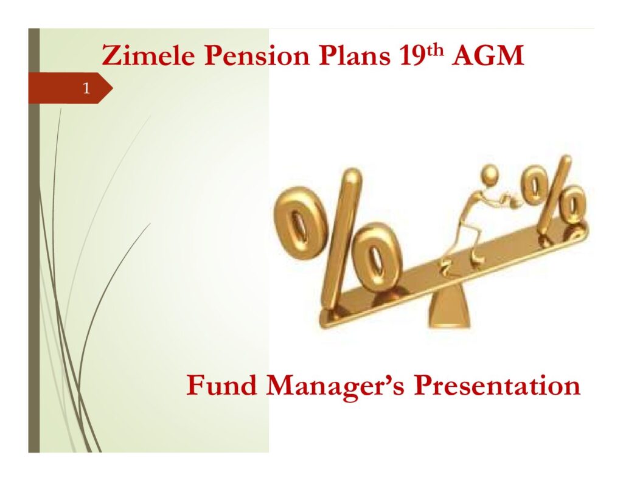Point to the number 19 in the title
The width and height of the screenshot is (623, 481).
tap(412, 55)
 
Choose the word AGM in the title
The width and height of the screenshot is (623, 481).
tap(487, 55)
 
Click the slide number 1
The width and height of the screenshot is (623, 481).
tap(86, 88)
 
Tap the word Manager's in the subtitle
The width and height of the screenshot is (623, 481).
tap(335, 387)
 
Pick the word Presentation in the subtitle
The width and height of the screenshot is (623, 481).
tap(497, 385)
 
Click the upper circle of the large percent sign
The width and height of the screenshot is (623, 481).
tap(299, 221)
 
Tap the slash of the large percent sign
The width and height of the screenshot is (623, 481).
tap(343, 238)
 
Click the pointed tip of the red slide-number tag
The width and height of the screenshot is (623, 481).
tap(113, 88)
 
